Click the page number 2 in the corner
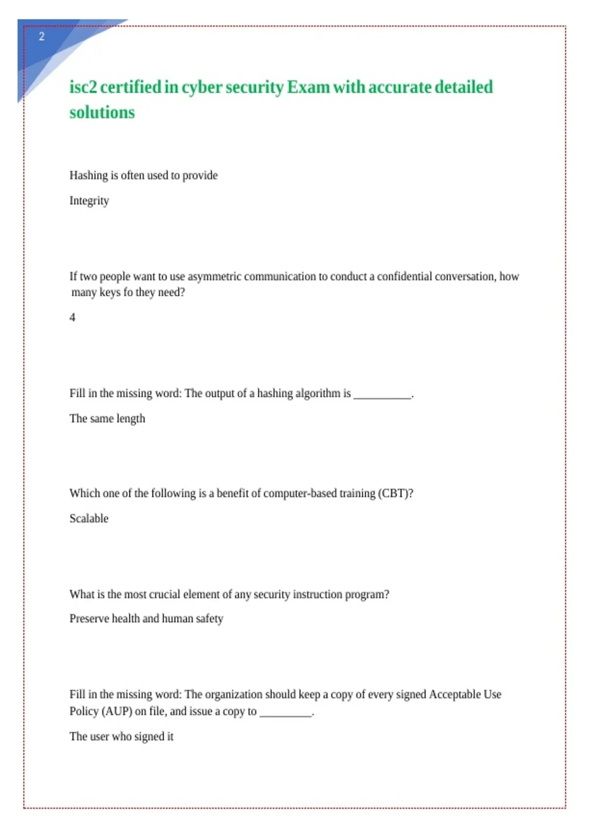(x=42, y=36)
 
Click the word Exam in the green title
(x=308, y=87)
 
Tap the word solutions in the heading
(x=102, y=113)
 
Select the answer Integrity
(x=89, y=201)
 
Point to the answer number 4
(x=73, y=317)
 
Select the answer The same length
(x=107, y=418)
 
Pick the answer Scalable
(x=89, y=519)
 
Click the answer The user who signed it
(x=121, y=736)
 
